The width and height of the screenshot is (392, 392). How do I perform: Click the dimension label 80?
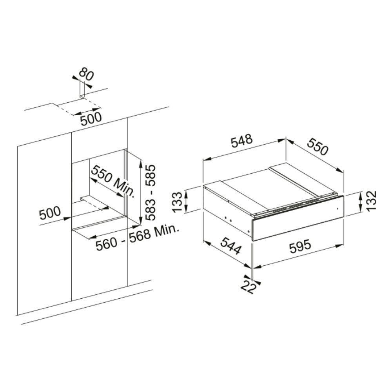86,74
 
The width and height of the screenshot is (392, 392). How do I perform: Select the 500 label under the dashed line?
91,119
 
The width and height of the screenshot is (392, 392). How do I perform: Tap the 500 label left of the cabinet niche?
50,213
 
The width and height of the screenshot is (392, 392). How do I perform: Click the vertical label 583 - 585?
150,192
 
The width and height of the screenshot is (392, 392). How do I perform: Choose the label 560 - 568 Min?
138,238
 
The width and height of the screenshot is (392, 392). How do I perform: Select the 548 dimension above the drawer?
242,141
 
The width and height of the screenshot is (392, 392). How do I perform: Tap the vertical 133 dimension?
178,202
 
